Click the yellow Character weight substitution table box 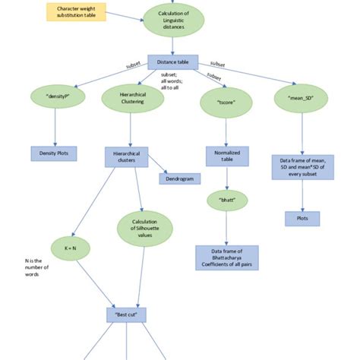coord(77,13)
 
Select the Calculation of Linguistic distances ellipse coord(175,21)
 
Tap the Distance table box coord(176,62)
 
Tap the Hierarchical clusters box coord(126,156)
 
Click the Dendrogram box coord(179,178)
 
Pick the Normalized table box coord(222,156)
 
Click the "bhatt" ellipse coord(222,201)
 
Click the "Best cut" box coord(126,313)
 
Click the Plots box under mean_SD coord(302,218)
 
